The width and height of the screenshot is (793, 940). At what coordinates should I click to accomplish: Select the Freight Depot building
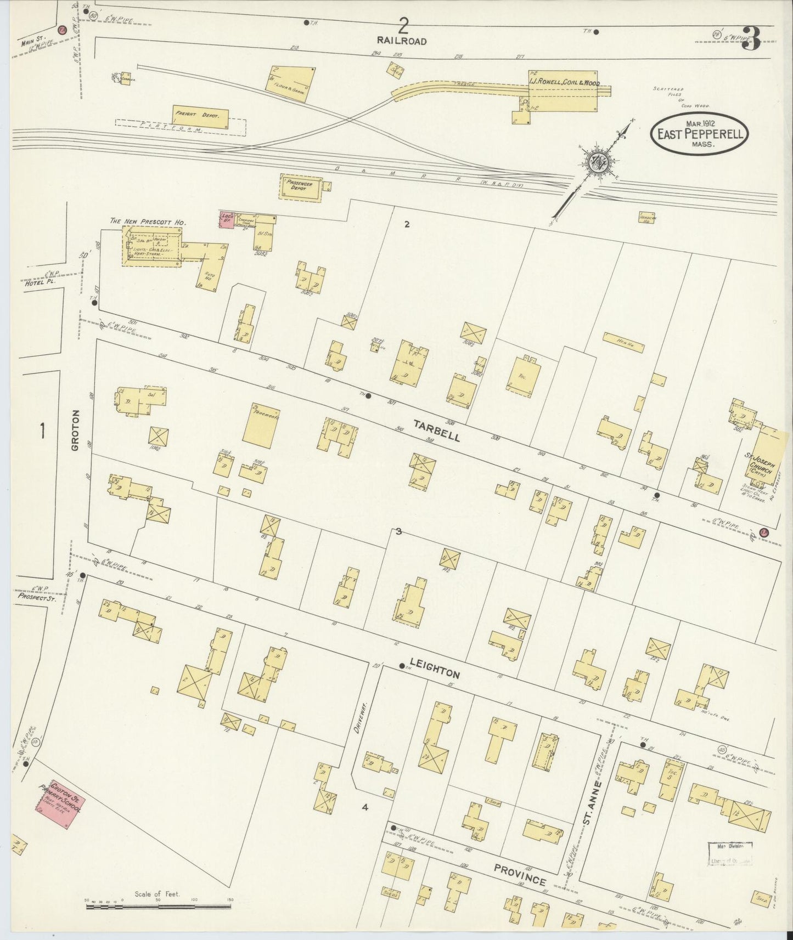[200, 117]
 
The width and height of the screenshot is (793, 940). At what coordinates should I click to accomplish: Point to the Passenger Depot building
[300, 188]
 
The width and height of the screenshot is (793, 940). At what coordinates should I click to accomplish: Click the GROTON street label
[75, 430]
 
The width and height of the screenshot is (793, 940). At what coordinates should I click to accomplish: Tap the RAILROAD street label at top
[402, 41]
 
